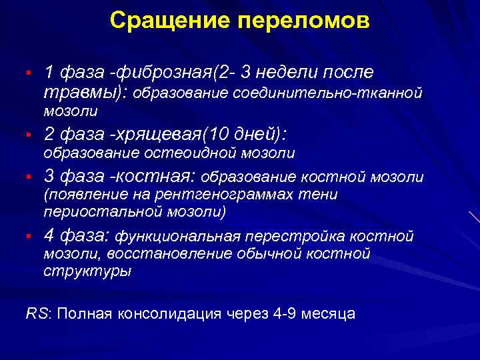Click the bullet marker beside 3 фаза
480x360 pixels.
pyautogui.click(x=29, y=177)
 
